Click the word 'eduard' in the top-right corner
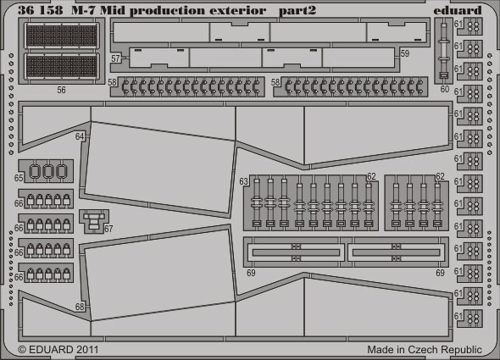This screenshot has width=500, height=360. [x=458, y=10]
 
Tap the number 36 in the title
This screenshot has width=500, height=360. [x=25, y=10]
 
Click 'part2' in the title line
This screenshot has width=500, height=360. [x=297, y=11]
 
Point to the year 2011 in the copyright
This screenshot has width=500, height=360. [x=86, y=350]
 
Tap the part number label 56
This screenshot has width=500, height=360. [x=61, y=91]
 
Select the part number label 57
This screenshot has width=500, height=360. [x=115, y=58]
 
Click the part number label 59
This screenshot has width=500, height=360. [x=404, y=53]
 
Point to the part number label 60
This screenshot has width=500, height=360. [x=445, y=89]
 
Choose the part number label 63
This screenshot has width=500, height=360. [x=243, y=181]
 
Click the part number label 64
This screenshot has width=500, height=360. [x=80, y=136]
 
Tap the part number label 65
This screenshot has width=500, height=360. [x=19, y=178]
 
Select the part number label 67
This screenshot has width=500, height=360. [x=108, y=229]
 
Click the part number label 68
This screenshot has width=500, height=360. [x=80, y=307]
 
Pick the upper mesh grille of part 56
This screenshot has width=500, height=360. [x=62, y=36]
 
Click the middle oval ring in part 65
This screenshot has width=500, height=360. [x=47, y=171]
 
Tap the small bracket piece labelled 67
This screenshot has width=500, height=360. [x=94, y=220]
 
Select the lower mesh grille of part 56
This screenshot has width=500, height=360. [x=62, y=66]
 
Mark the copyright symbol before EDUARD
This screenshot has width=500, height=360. [x=22, y=350]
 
